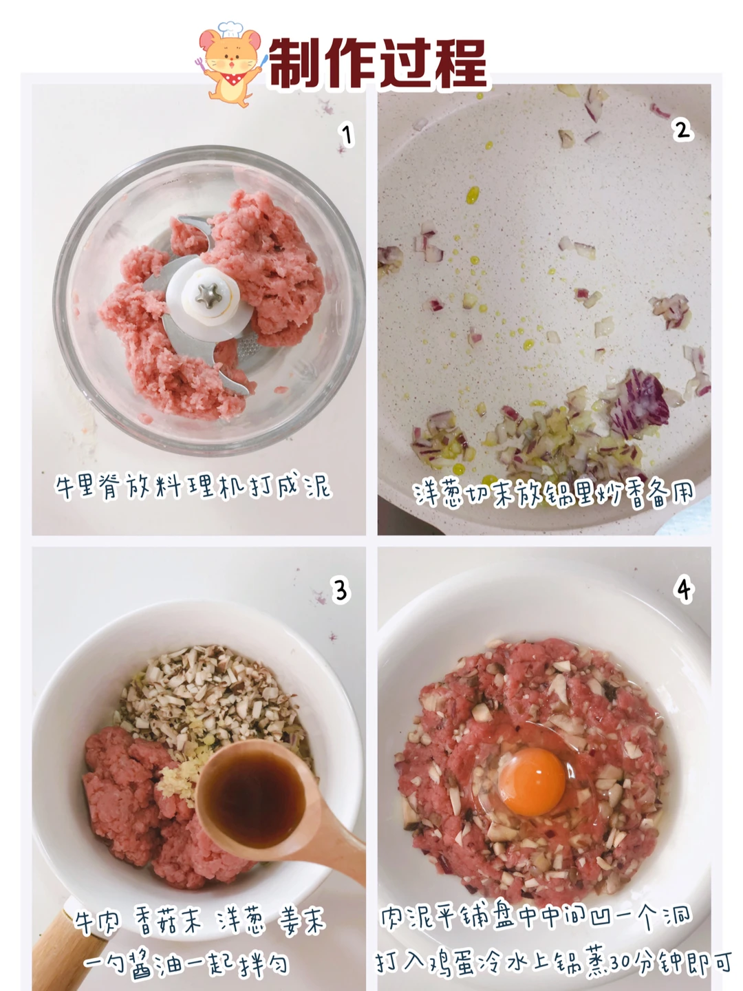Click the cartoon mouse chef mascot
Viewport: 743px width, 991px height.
pyautogui.click(x=230, y=64)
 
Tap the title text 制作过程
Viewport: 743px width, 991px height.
pyautogui.click(x=378, y=63)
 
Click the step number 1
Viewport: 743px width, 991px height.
pyautogui.click(x=346, y=135)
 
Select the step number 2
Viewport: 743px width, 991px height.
pyautogui.click(x=682, y=130)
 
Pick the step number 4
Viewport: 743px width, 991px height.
pyautogui.click(x=684, y=590)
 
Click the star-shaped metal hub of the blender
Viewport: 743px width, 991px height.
pyautogui.click(x=208, y=296)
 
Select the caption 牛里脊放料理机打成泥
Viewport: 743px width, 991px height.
pyautogui.click(x=193, y=487)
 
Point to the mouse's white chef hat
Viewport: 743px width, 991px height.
pyautogui.click(x=230, y=29)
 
